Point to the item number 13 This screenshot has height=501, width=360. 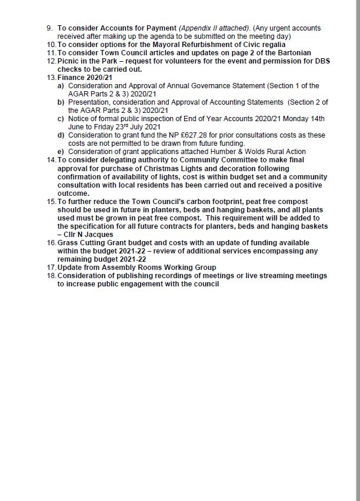pyautogui.click(x=51, y=78)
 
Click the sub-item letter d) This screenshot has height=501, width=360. pyautogui.click(x=61, y=135)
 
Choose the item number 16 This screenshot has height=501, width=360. pyautogui.click(x=51, y=243)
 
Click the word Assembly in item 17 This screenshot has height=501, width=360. pyautogui.click(x=129, y=268)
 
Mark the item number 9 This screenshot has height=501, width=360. pyautogui.click(x=49, y=28)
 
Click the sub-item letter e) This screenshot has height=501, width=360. pyautogui.click(x=61, y=152)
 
